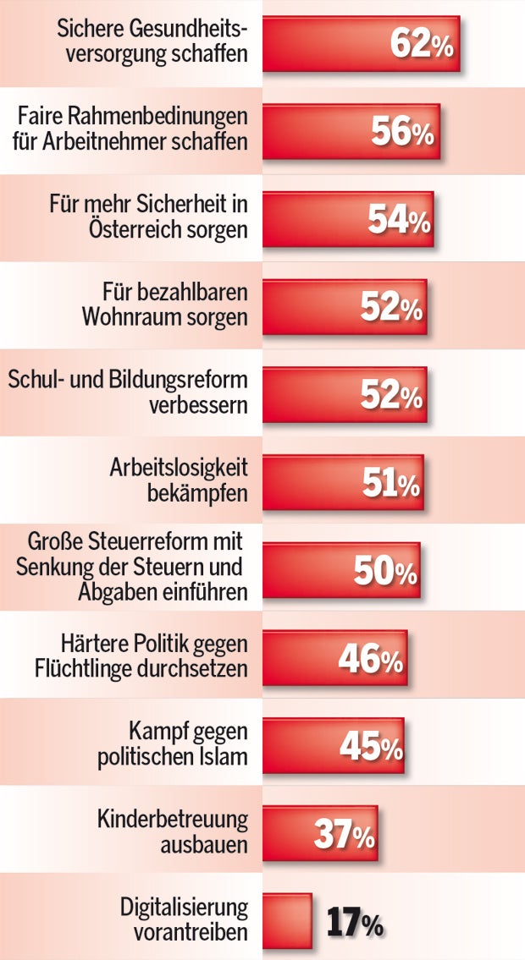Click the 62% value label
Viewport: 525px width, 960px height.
pos(422,45)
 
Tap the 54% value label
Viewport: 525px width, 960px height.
pos(399,220)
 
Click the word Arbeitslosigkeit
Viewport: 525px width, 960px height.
pos(179,468)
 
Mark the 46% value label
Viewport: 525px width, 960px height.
pos(370,659)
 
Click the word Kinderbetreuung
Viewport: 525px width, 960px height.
pos(173,819)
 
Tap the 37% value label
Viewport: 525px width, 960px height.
pos(344,834)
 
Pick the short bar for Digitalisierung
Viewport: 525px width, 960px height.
pos(287,920)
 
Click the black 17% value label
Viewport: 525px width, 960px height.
pos(355,923)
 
